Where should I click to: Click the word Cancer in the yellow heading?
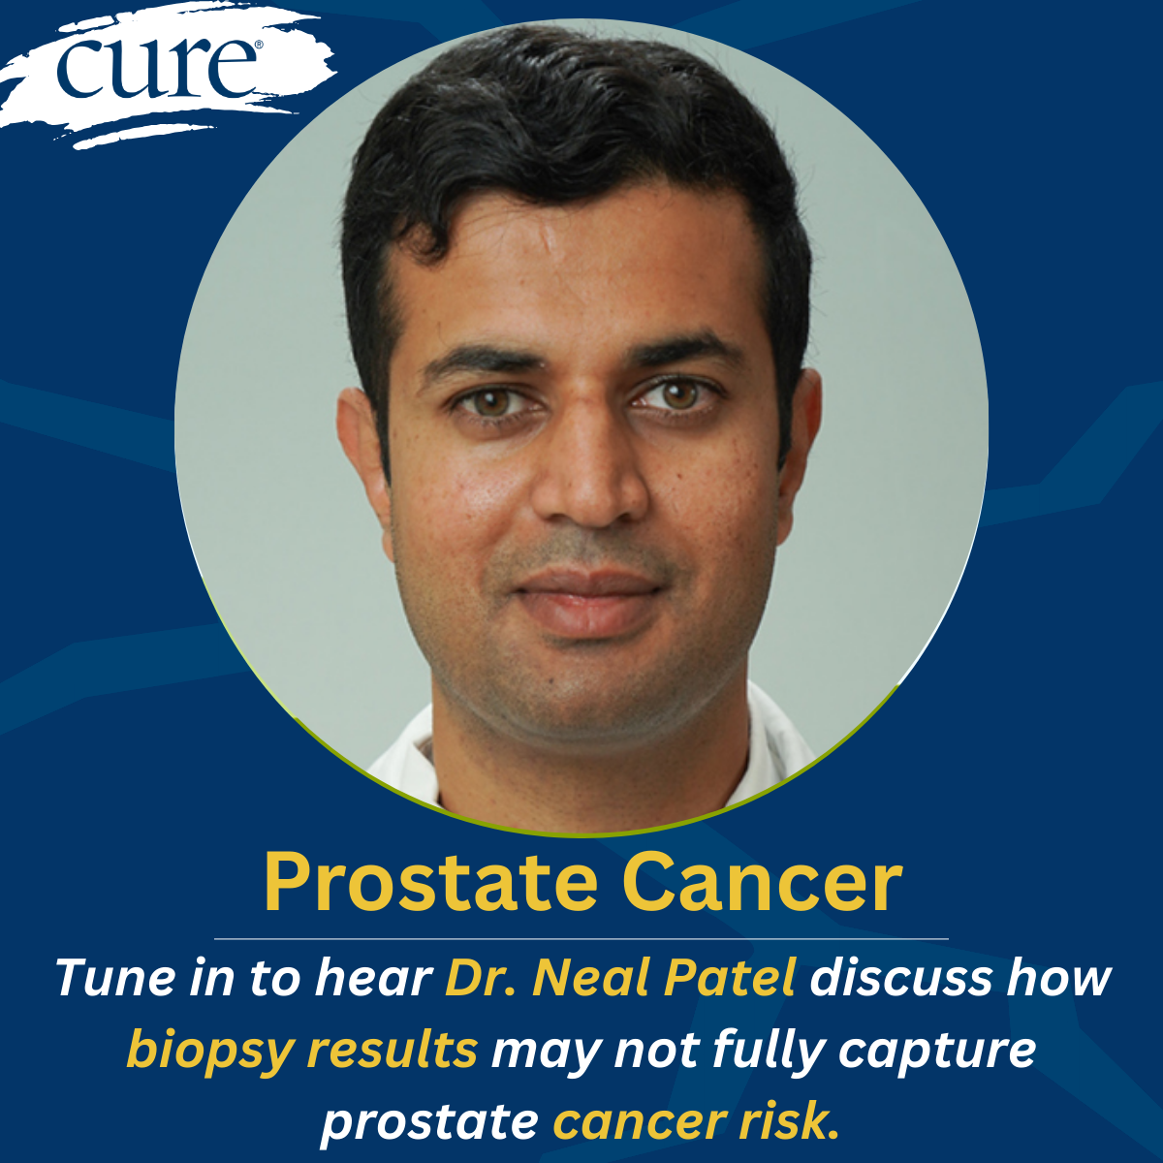763,883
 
